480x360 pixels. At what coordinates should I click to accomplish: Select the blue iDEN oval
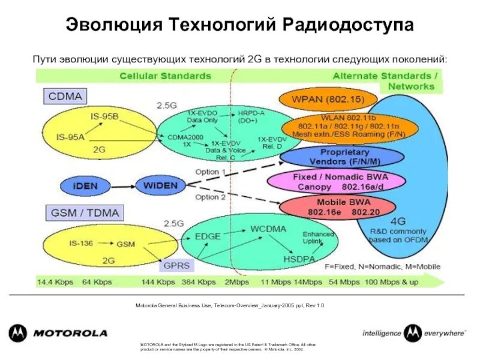coord(86,185)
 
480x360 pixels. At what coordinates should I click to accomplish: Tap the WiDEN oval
coord(160,185)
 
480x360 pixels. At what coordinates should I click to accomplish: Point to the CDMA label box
coord(64,95)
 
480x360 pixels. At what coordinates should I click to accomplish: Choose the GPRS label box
coord(178,264)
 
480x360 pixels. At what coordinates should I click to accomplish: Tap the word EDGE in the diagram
coord(208,236)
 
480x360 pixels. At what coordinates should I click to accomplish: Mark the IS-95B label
coord(104,116)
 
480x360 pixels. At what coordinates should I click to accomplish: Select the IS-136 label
coord(82,242)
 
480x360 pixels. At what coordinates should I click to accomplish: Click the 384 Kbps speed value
coord(198,282)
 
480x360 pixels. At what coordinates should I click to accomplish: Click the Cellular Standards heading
coord(165,76)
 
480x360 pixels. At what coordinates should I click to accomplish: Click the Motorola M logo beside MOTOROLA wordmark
coord(17,333)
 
